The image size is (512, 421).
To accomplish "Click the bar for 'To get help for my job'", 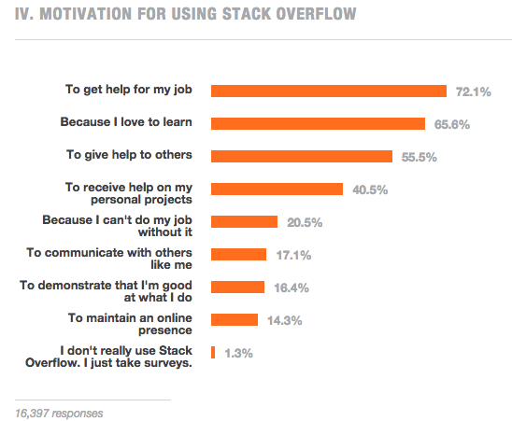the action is pos(329,91).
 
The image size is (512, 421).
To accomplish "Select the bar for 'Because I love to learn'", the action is pos(318,124).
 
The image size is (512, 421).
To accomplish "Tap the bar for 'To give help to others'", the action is pos(302,156).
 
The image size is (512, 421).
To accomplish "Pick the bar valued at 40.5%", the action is pos(277,189).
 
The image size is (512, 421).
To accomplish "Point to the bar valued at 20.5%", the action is pos(244,221).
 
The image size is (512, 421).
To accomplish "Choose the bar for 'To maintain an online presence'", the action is pos(235,319).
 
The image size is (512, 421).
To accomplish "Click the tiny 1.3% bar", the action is pos(213,353).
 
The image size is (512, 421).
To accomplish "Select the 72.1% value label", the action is pos(473,92).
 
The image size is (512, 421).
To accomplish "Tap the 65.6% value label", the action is pos(452,125).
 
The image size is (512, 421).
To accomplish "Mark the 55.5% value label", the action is pos(419,158).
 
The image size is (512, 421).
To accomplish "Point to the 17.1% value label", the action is pos(293,255).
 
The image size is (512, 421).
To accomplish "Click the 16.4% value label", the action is pos(292,288).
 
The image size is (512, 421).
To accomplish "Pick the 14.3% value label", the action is pos(284,320).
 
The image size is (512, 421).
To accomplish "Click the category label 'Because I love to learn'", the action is pos(126,122).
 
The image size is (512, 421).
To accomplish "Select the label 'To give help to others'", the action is pos(129,155).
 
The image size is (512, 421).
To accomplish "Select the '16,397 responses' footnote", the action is pos(59,414).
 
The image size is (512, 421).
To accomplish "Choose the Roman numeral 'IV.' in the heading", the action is pos(24,14).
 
